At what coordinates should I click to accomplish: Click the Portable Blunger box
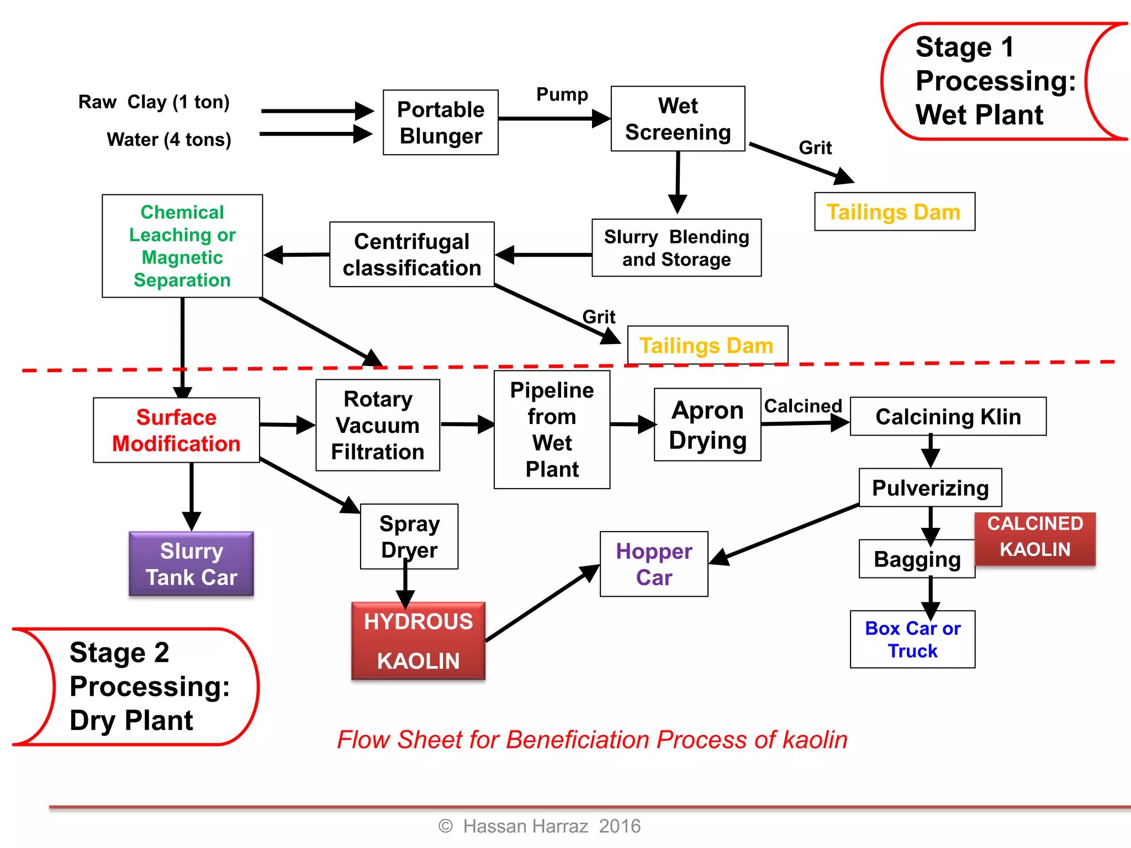click(441, 123)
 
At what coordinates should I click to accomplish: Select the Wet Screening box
click(678, 119)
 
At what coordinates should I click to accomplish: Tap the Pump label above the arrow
click(562, 94)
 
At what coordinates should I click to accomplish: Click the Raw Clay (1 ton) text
click(154, 102)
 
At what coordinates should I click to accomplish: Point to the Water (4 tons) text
click(168, 140)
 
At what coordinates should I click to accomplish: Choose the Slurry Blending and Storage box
click(677, 248)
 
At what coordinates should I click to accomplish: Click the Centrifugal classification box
click(411, 255)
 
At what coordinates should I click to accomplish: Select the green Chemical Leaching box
click(182, 246)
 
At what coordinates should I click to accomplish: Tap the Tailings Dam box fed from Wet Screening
click(894, 212)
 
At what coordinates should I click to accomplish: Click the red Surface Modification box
click(176, 430)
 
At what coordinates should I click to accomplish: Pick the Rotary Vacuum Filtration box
click(378, 425)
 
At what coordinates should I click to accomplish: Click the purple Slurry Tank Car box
click(191, 564)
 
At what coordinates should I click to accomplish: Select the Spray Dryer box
click(409, 536)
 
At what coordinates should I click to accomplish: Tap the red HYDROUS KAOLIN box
click(418, 640)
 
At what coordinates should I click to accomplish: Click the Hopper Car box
click(654, 564)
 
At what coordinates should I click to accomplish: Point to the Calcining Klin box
click(948, 416)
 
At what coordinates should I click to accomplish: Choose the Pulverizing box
click(930, 487)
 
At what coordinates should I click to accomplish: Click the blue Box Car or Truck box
click(912, 639)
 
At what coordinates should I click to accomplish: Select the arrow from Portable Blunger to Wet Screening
click(552, 119)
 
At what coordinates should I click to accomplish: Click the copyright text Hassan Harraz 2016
click(540, 826)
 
